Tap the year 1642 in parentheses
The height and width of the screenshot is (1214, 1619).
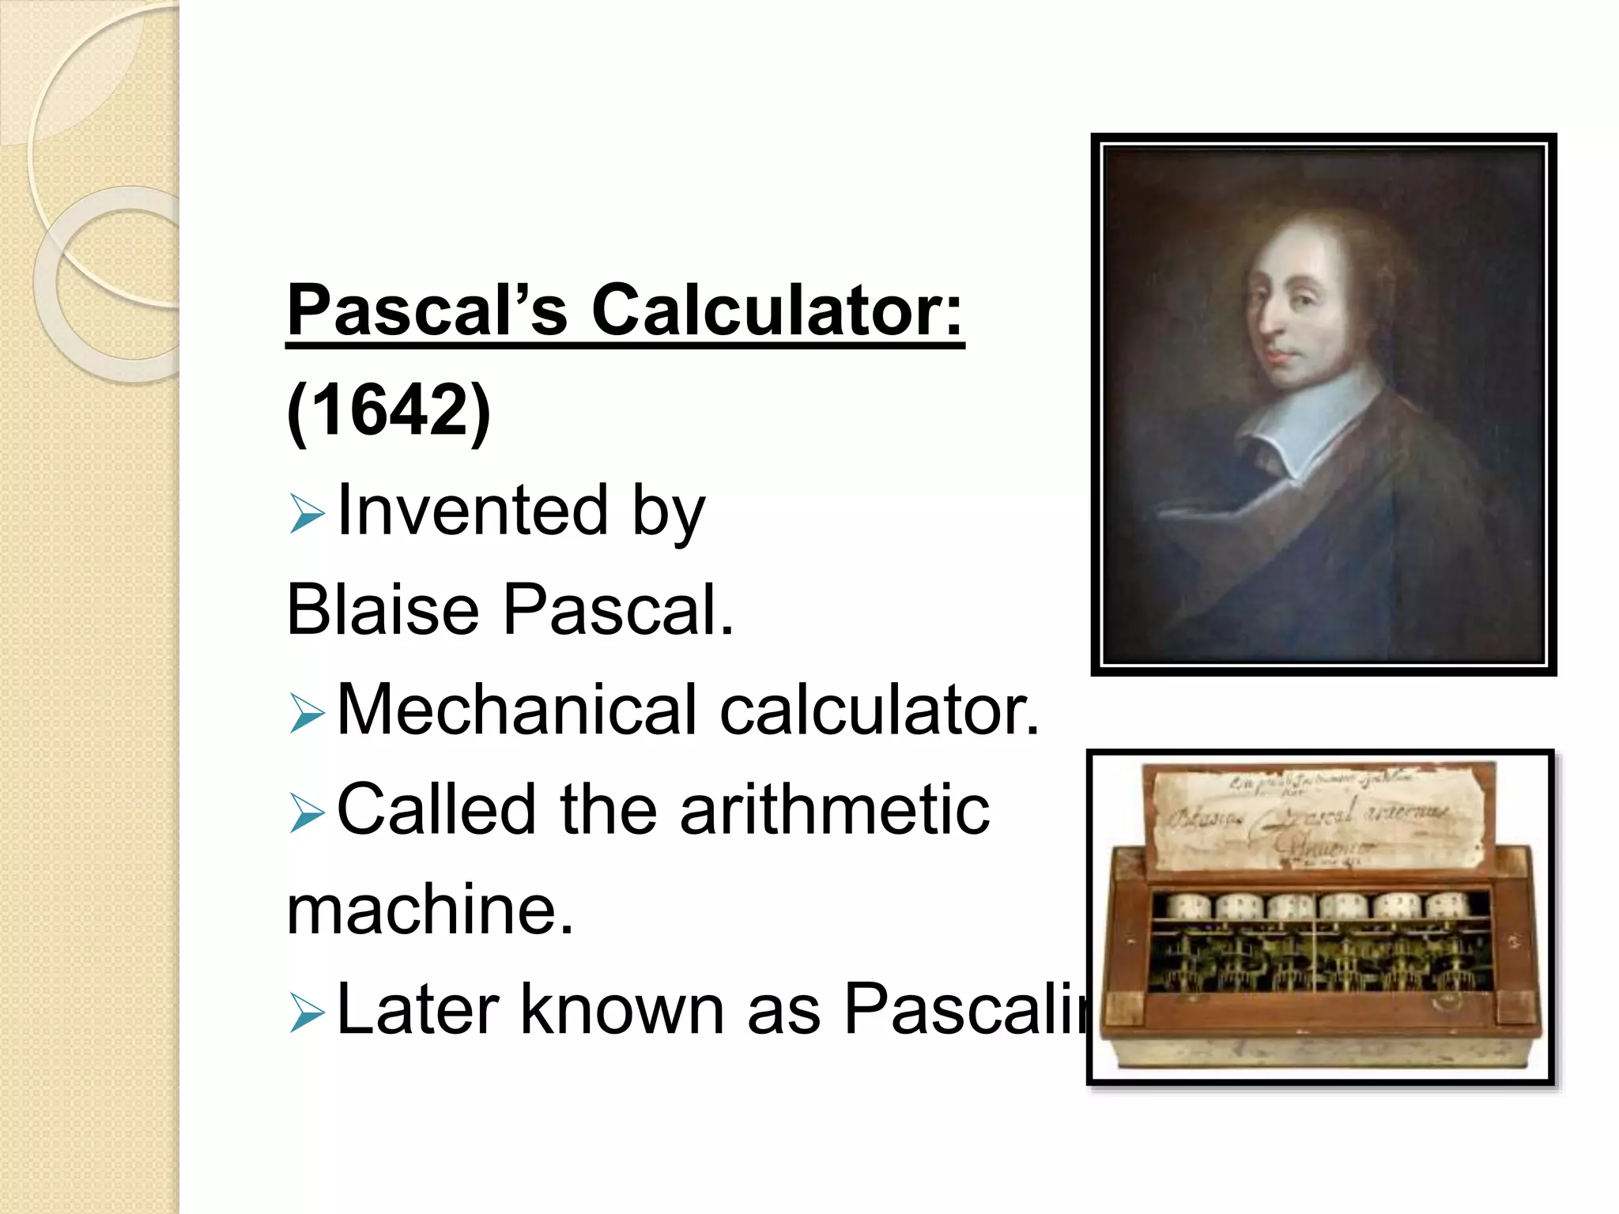coord(389,410)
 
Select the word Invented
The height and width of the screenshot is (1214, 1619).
coord(472,511)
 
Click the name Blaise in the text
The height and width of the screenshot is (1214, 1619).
coord(383,609)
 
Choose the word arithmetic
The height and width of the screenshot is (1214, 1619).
coord(834,809)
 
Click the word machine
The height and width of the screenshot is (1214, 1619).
coord(429,910)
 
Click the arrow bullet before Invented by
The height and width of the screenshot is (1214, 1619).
coord(307,514)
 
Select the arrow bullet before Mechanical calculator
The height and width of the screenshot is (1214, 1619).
coord(307,713)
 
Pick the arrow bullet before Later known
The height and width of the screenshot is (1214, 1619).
coord(307,1013)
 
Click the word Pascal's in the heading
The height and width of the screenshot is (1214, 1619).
coord(427,310)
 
